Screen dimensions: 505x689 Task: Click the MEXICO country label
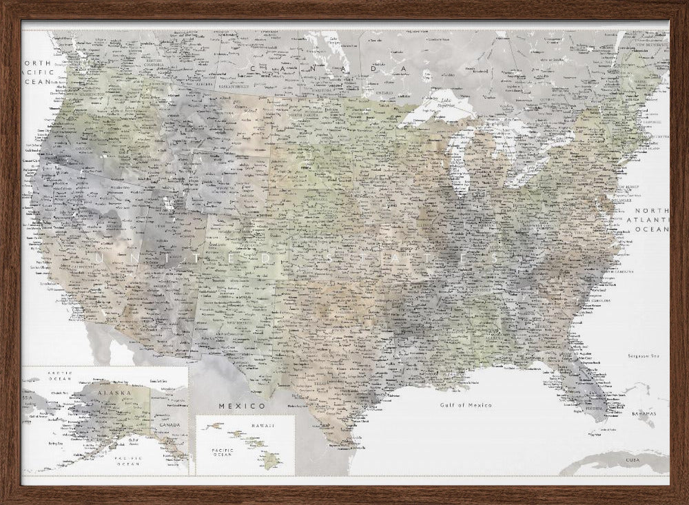click(x=243, y=406)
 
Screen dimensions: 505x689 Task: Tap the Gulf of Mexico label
click(x=467, y=405)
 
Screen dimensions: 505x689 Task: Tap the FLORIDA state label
click(x=594, y=407)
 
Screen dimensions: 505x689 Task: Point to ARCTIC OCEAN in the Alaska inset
click(x=59, y=375)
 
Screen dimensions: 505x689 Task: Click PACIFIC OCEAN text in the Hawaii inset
click(x=223, y=453)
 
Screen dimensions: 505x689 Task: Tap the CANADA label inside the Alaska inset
click(x=170, y=424)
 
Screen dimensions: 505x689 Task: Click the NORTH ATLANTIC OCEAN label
click(x=651, y=219)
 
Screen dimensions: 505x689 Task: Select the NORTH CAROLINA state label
click(x=616, y=271)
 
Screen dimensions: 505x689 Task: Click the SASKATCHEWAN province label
click(x=234, y=87)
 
